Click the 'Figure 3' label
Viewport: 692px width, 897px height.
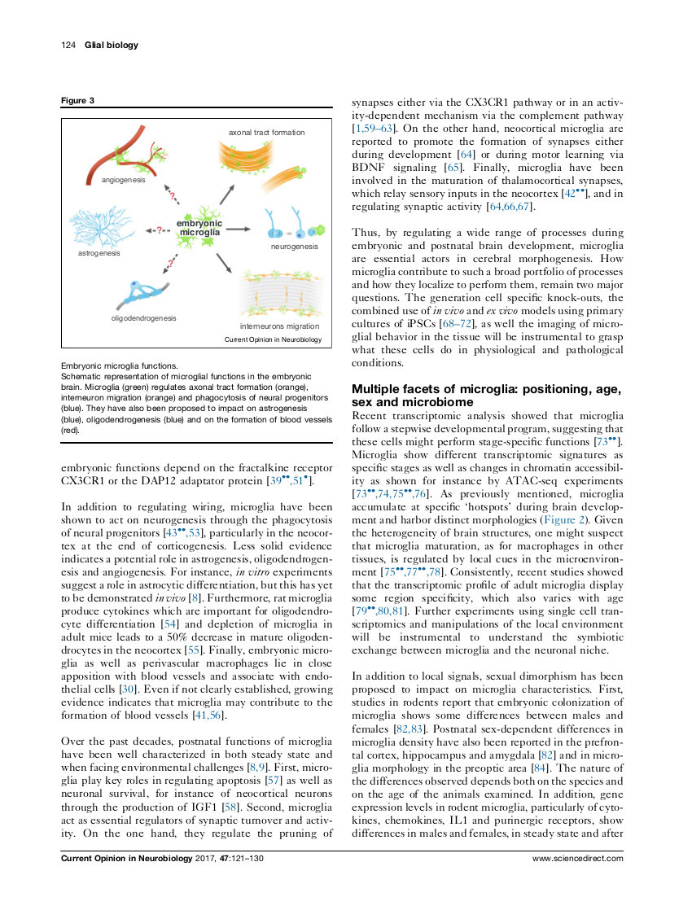[78, 101]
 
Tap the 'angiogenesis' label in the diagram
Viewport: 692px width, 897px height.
[124, 180]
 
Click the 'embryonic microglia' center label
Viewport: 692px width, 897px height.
[199, 228]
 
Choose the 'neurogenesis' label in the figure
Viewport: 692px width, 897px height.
[294, 245]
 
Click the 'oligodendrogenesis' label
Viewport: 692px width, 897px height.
[143, 318]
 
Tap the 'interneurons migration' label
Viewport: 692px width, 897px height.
[279, 326]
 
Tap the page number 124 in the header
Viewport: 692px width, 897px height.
[68, 46]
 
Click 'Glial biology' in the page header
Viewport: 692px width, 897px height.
[112, 46]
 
